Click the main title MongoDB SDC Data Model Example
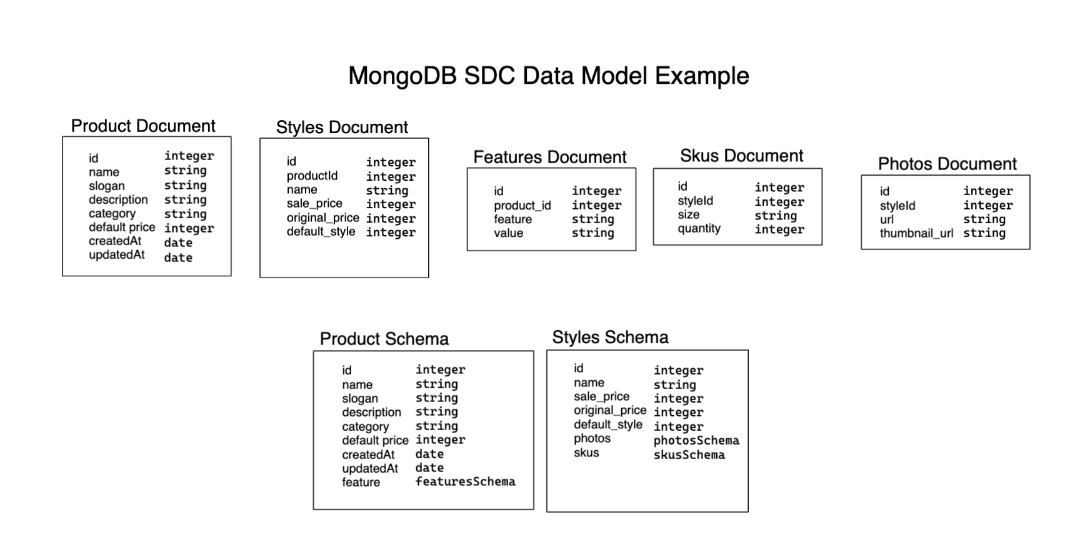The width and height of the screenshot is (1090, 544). coord(548,76)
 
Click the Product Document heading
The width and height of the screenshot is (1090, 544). coord(143,126)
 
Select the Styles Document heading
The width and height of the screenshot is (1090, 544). coord(342,127)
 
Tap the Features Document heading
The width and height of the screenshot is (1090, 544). coord(549,157)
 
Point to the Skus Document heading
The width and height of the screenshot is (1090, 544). coord(741,156)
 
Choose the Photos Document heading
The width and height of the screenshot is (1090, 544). coord(947,164)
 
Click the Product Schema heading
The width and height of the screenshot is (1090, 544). coord(384,339)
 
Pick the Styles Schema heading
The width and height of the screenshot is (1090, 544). coord(610,338)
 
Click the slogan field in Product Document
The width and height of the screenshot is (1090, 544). coord(106,186)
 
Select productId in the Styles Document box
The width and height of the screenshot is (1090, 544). coord(312,176)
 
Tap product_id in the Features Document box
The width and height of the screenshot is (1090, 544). coord(522,206)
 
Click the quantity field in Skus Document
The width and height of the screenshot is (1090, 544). coord(699,229)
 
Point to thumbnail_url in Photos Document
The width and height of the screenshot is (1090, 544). coord(916,233)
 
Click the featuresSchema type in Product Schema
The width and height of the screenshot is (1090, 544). coord(465,481)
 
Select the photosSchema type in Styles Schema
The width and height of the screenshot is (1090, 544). coord(696,440)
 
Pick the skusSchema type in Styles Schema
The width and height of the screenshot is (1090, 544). coord(689,455)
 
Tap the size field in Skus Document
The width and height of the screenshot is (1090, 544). coord(688,214)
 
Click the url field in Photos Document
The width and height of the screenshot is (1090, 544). coord(886,219)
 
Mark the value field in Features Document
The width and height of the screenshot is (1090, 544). coord(508,233)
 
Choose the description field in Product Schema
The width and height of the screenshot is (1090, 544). coord(371,412)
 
